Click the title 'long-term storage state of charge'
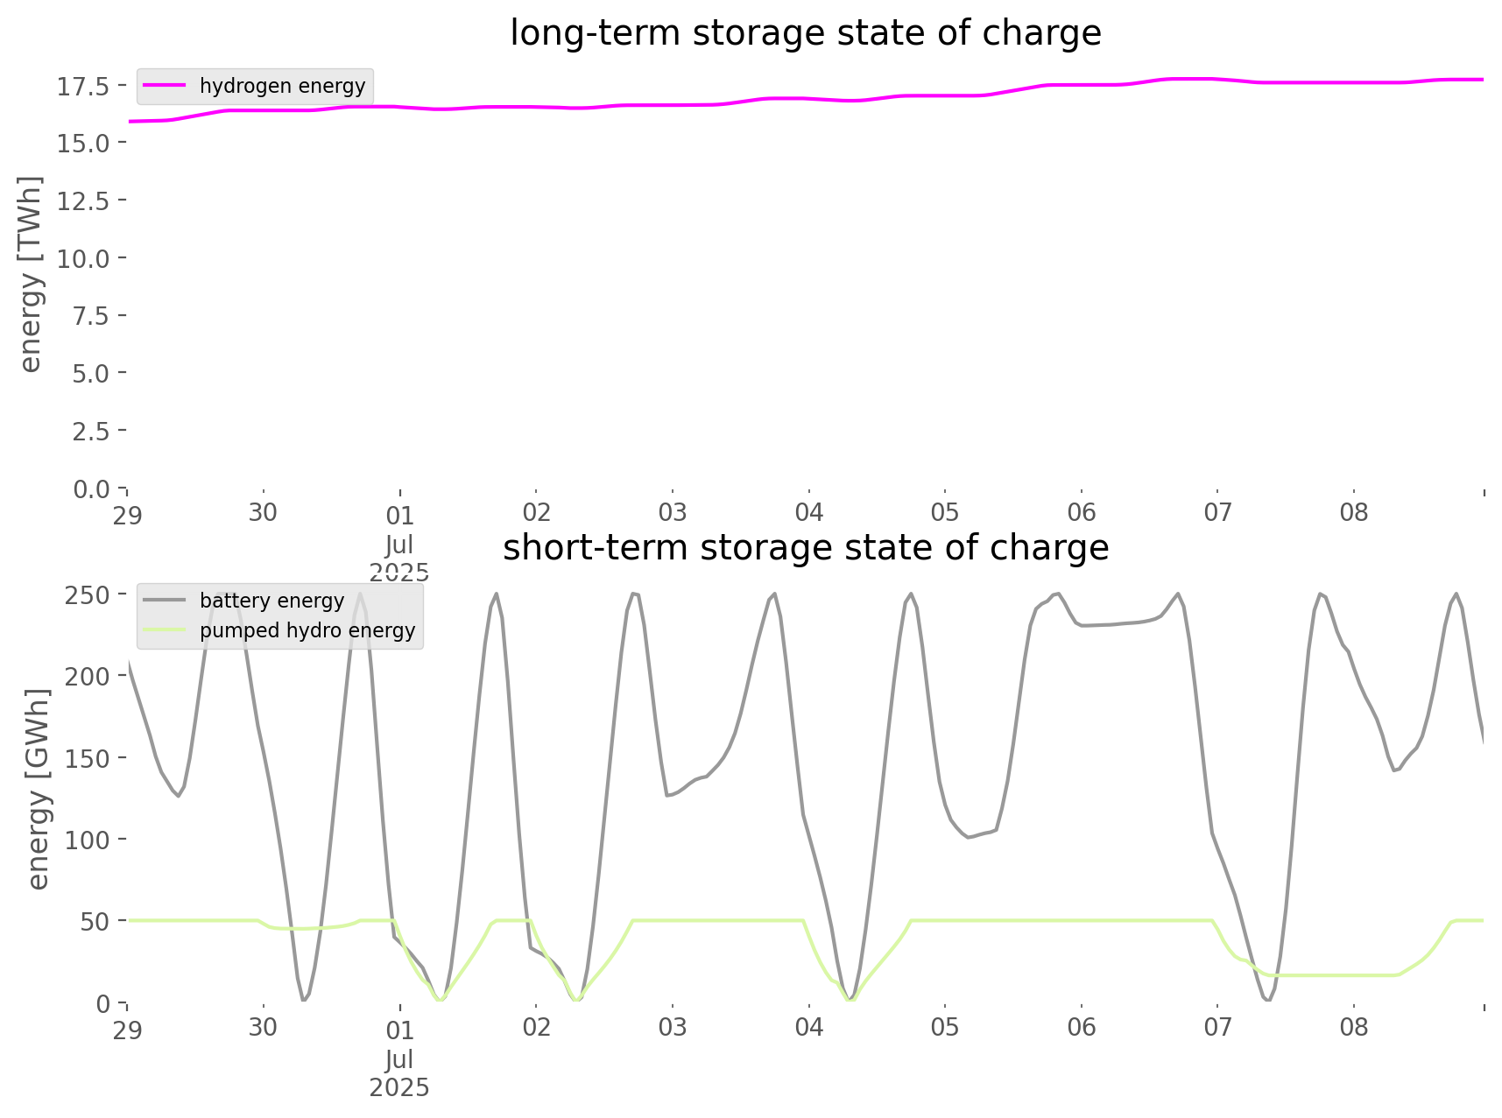coord(805,33)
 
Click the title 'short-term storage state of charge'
coord(805,548)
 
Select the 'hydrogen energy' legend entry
coord(282,86)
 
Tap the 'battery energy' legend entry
coord(271,601)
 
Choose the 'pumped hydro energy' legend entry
coord(307,630)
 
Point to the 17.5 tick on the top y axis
coord(83,86)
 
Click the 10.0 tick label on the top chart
coord(83,258)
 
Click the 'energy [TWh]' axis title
coord(31,274)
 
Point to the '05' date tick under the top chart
coord(945,513)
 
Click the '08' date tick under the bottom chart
coord(1354,1028)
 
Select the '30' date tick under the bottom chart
coord(263,1028)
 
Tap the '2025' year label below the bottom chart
coord(399,1087)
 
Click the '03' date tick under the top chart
coord(673,513)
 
